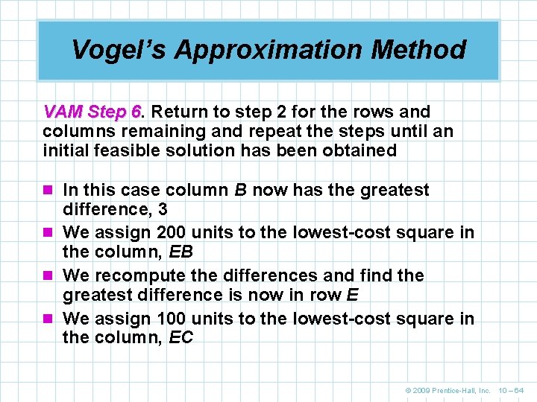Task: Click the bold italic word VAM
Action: coord(63,112)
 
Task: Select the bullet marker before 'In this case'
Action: coord(49,191)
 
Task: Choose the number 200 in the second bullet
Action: coord(172,232)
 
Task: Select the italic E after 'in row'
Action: coord(353,295)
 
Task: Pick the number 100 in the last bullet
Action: coord(172,319)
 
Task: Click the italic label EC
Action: coord(181,338)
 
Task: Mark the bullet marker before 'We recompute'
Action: coord(49,275)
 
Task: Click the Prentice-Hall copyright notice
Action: coord(447,390)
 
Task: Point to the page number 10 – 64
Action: coord(511,390)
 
